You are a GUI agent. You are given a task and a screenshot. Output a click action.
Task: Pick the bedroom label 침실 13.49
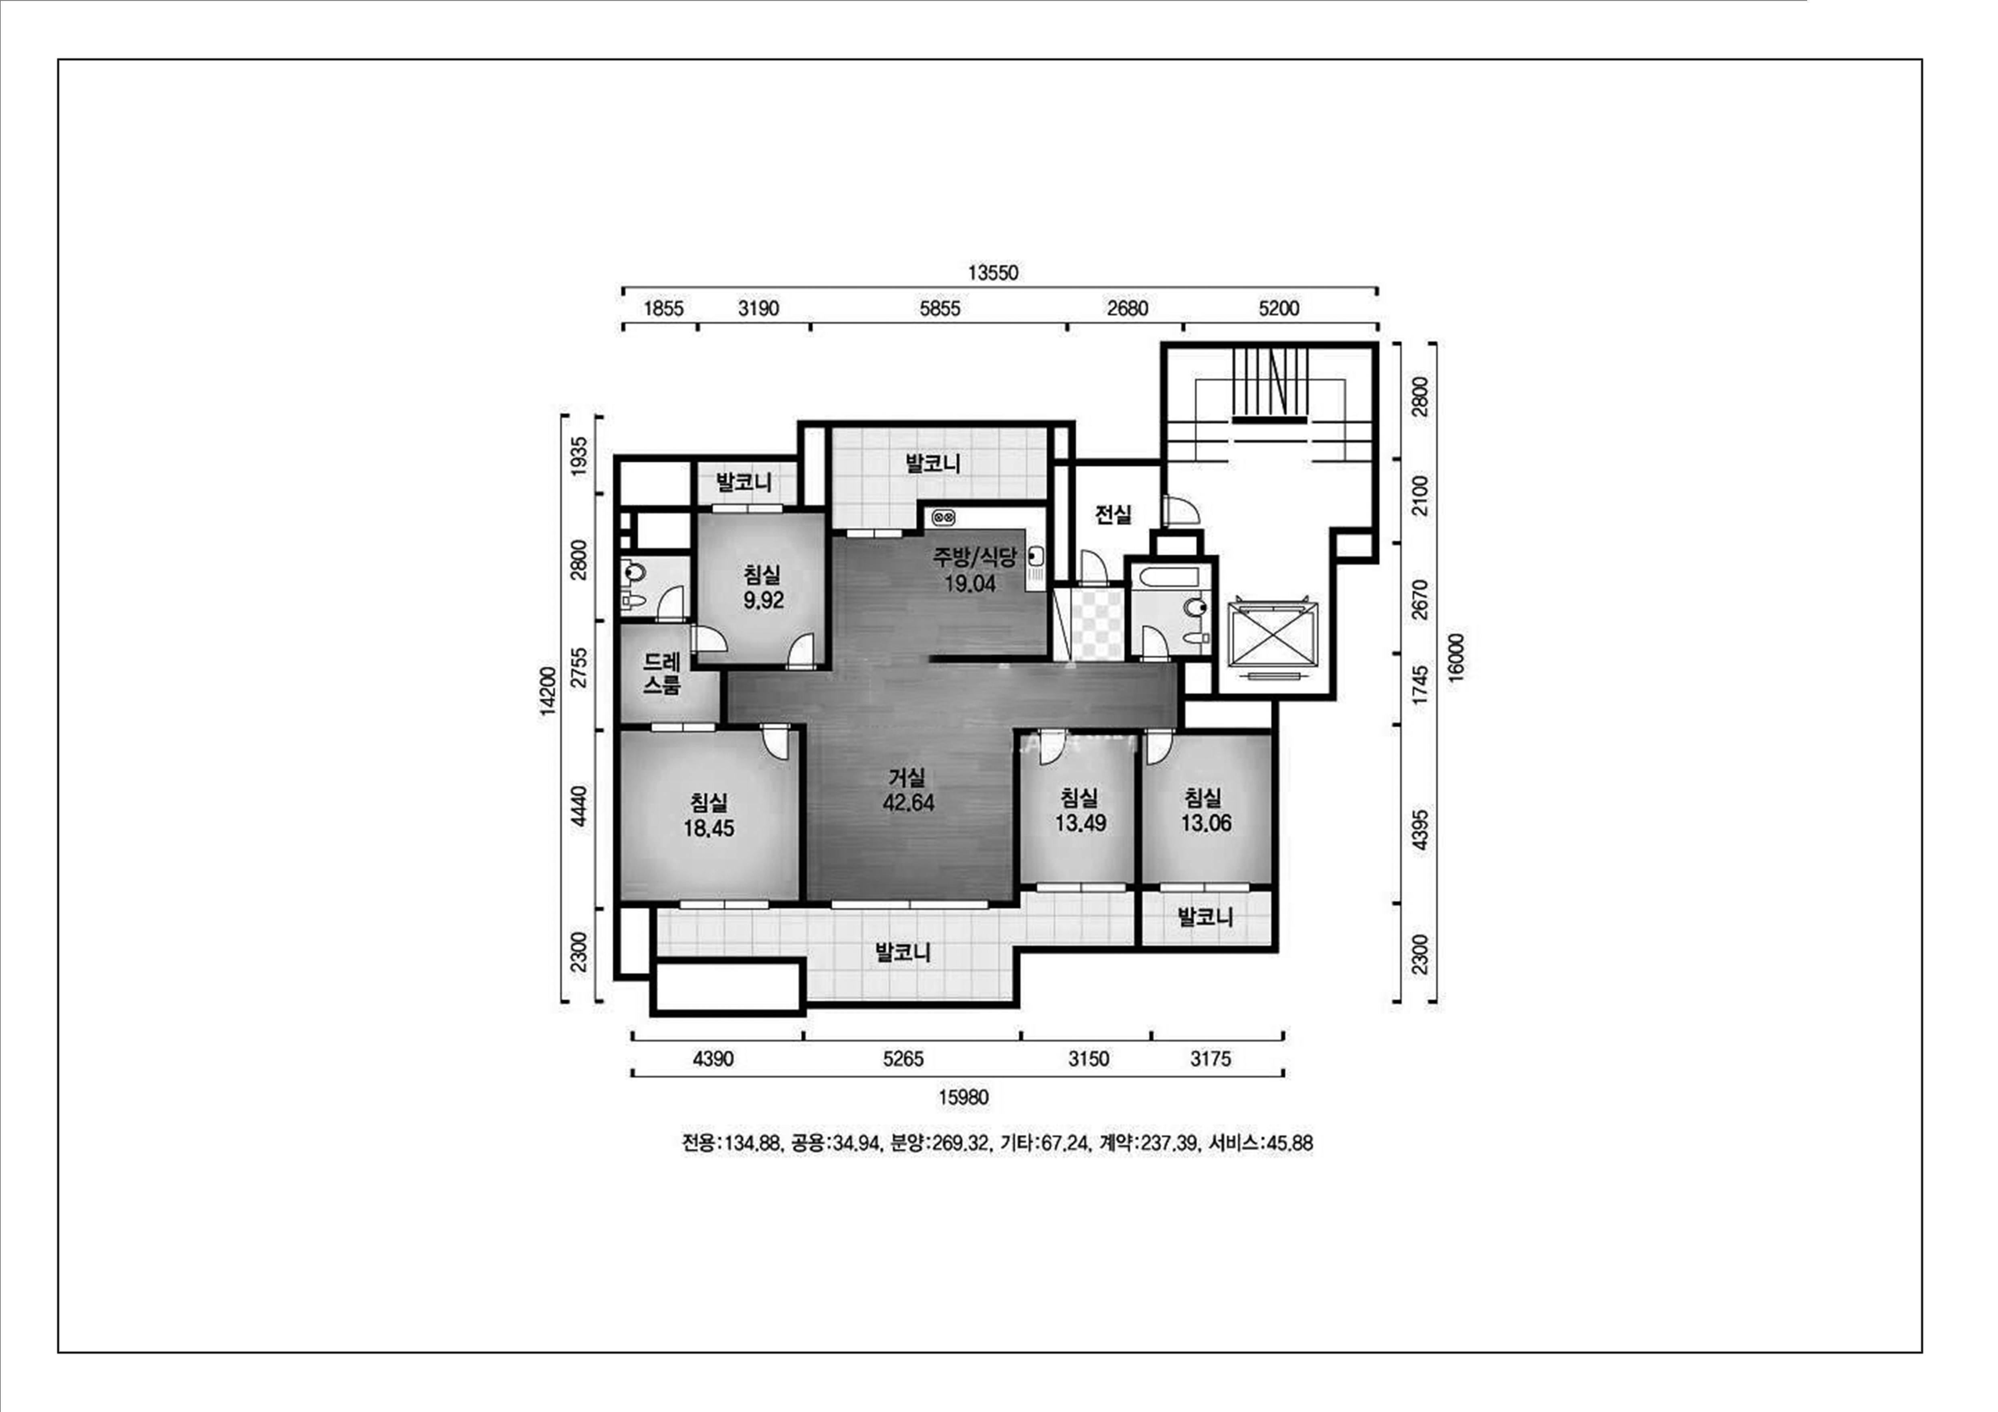click(x=1080, y=810)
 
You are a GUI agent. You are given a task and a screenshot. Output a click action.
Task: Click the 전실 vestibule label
click(x=1113, y=514)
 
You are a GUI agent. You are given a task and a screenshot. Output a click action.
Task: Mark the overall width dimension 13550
click(x=993, y=272)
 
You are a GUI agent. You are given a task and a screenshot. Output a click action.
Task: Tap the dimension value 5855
click(x=940, y=308)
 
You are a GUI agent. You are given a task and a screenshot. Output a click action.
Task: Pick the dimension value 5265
click(x=903, y=1059)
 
